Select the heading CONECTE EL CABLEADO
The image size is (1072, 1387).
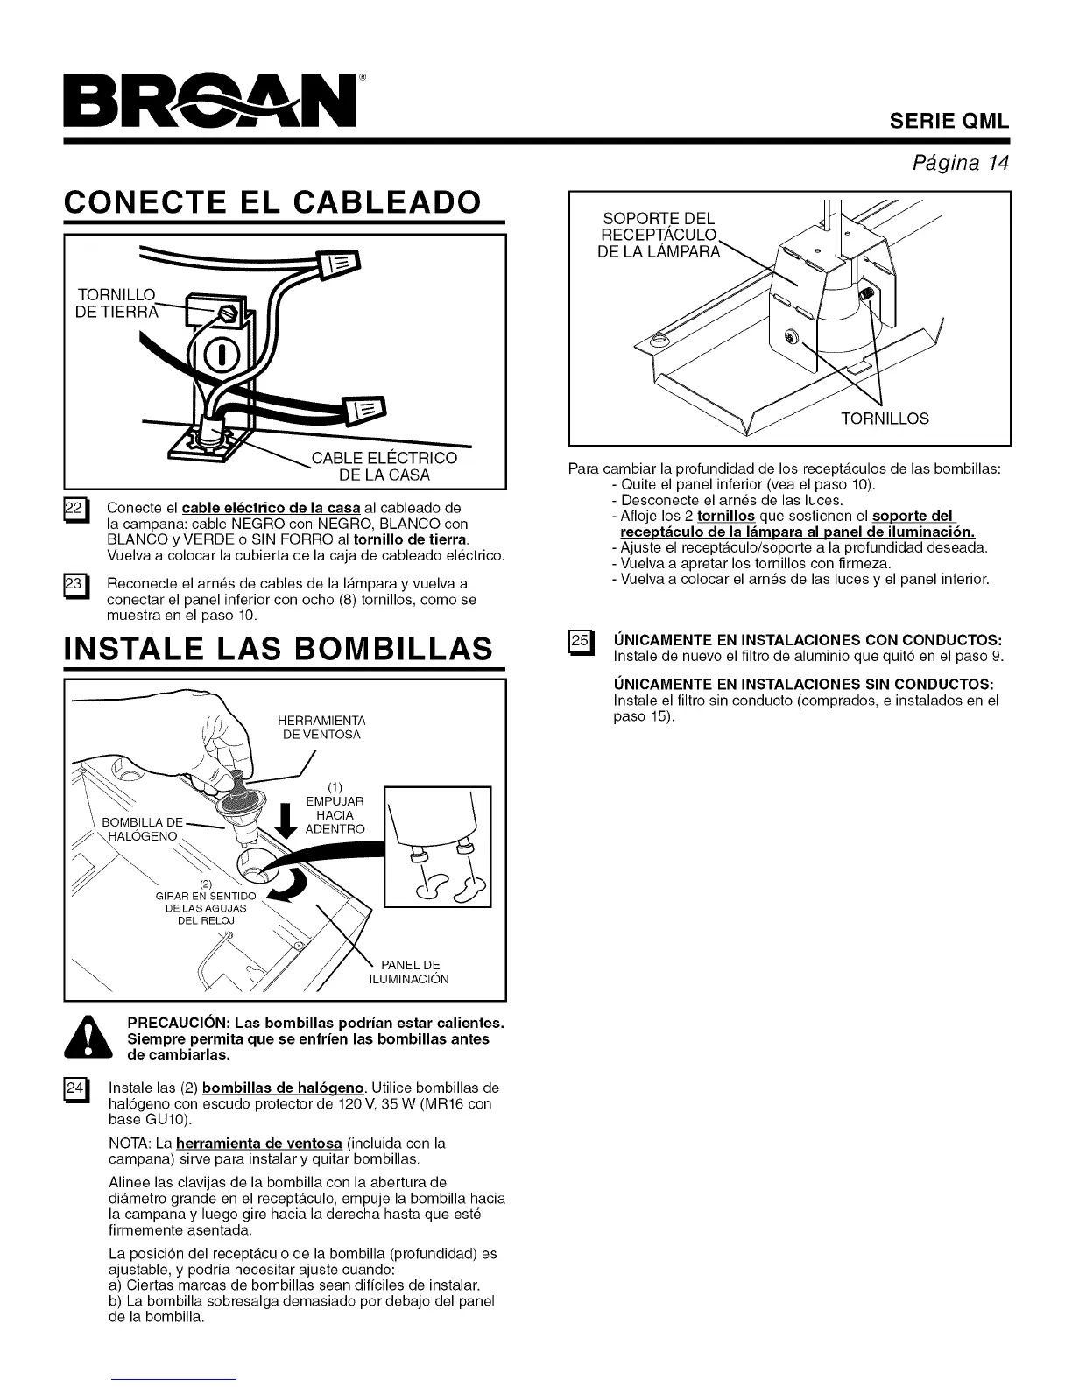(x=272, y=201)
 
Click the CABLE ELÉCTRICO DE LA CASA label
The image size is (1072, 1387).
(x=384, y=466)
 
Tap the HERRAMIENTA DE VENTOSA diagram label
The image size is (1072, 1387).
(x=321, y=727)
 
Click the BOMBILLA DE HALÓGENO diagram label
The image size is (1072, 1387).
(x=142, y=828)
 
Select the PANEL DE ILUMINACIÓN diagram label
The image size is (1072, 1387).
(x=409, y=972)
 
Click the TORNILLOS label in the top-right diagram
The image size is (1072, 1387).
(x=885, y=419)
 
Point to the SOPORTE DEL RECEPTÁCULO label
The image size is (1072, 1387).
(x=659, y=235)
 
